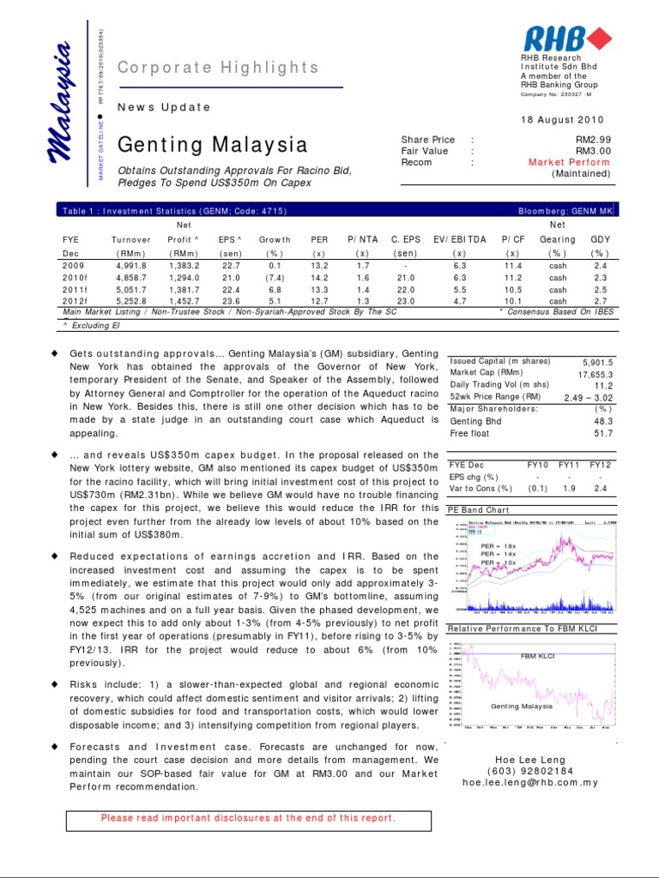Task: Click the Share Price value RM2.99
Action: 592,140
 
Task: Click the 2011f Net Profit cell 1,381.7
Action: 183,290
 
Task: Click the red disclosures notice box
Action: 248,818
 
